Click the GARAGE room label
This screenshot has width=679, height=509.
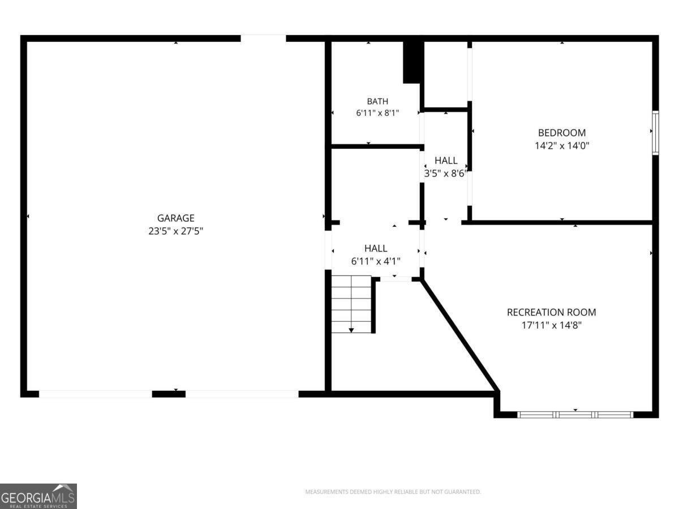[x=176, y=218]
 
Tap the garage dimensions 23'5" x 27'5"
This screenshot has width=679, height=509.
[x=176, y=231]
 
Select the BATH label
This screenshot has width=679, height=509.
[x=377, y=101]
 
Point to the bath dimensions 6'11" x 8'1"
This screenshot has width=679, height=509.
[x=377, y=113]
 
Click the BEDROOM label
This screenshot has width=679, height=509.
[x=562, y=132]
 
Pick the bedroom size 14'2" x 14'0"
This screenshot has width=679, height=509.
[x=562, y=145]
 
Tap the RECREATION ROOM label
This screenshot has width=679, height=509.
[x=551, y=312]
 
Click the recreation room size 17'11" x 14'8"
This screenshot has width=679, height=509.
[x=552, y=325]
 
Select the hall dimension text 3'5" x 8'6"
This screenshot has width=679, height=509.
[x=446, y=174]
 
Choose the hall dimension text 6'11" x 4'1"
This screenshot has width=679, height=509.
[x=376, y=261]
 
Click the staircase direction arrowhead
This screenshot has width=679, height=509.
[x=351, y=330]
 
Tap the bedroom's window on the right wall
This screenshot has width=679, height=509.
[x=655, y=132]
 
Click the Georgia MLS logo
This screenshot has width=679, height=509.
[x=38, y=496]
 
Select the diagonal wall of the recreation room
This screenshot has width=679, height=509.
[x=459, y=335]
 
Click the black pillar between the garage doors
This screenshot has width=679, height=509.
[x=169, y=394]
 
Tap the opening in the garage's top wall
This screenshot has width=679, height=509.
[x=263, y=38]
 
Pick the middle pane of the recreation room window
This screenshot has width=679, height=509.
[x=575, y=415]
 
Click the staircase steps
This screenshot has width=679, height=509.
[x=351, y=304]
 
